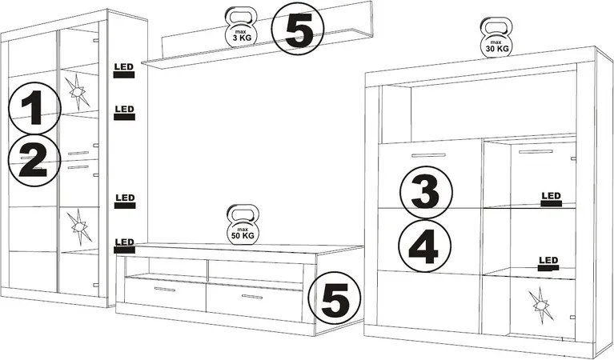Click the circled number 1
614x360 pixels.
pos(35,108)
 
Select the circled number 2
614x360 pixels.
pos(34,160)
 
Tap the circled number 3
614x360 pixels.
pos(426,193)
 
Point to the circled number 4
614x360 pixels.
pos(425,246)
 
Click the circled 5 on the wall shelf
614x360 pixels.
pos(299,29)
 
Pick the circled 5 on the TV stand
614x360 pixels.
pos(335,298)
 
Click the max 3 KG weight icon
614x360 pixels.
pos(241,27)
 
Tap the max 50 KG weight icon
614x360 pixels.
pos(243,225)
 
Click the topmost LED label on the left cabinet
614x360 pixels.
pos(124,71)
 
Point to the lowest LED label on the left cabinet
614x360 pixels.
pos(125,246)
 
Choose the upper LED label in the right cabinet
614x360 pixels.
pos(551,199)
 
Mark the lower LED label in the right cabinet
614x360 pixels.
pos(548,264)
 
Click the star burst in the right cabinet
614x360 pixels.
pos(540,306)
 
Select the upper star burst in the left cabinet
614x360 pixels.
pos(77,92)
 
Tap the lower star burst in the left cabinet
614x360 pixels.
pos(78,227)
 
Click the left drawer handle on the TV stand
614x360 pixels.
pos(165,289)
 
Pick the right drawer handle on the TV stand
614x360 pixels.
pos(252,297)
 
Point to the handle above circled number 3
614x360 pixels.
pos(428,155)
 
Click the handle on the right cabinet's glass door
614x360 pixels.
pos(536,151)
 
